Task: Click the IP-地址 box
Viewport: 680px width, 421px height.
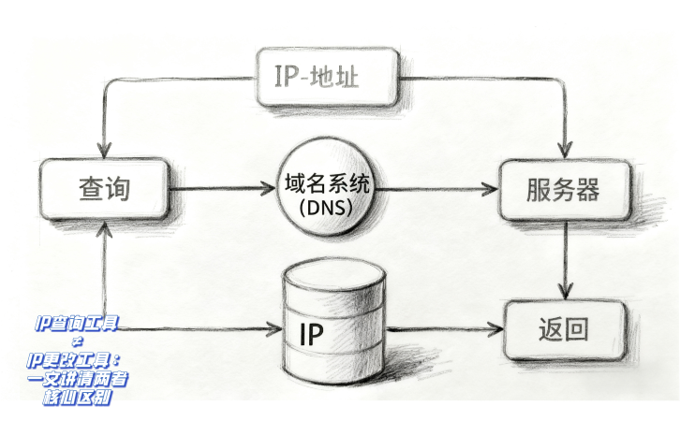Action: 328,76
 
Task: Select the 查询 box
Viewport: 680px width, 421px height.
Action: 103,189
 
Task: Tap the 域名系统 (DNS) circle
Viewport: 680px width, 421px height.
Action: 327,190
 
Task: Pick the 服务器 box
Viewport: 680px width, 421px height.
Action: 561,190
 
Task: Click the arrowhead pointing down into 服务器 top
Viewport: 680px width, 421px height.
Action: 563,150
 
